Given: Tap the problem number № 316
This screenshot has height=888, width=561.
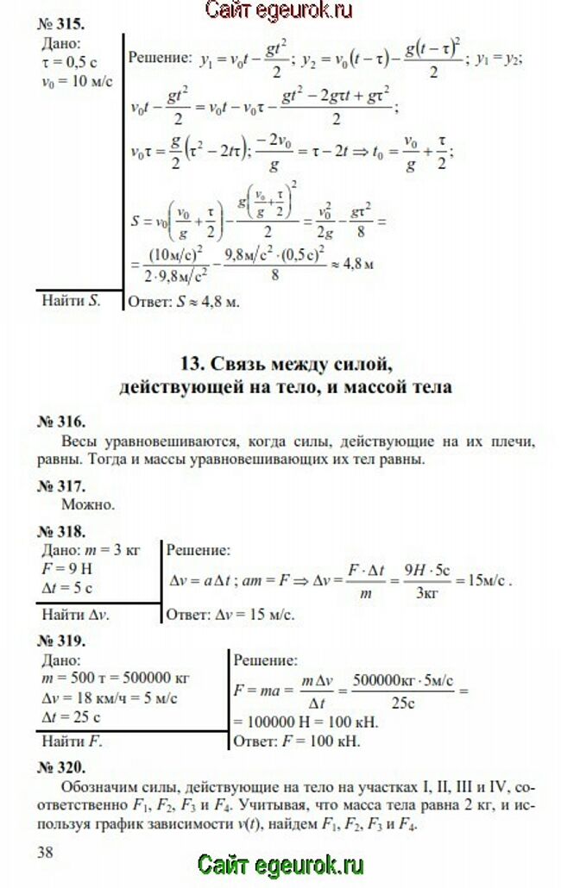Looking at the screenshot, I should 61,422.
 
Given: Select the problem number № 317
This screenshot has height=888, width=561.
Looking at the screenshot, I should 61,485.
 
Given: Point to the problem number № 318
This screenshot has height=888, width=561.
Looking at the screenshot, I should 61,530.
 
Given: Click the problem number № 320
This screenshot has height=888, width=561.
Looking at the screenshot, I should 61,766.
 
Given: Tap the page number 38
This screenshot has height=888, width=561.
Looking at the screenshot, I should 46,851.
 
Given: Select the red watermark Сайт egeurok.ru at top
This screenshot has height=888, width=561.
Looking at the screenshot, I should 280,10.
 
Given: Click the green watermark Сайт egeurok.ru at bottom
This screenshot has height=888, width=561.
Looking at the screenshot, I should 280,866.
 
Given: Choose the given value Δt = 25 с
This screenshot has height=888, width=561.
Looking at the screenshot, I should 69,717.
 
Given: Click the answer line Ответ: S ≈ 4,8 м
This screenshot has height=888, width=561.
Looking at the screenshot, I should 183,303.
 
